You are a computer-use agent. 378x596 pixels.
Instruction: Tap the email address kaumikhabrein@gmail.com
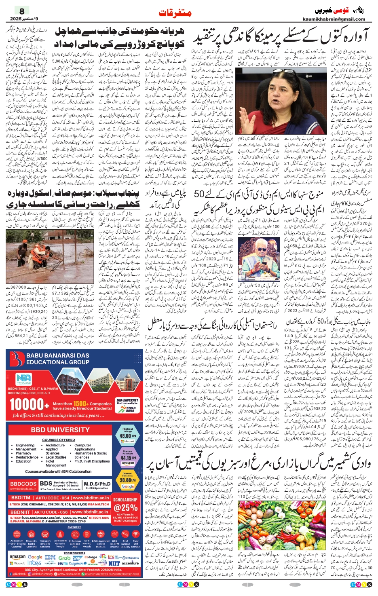(x=334, y=19)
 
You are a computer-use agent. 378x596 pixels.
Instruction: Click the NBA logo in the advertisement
(x=23, y=379)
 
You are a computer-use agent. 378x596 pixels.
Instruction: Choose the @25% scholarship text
(x=125, y=507)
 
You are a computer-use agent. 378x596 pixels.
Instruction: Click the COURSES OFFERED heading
(x=59, y=440)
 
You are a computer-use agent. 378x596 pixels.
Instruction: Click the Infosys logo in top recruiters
(x=34, y=563)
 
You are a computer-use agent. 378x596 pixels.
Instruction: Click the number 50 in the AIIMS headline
(x=199, y=193)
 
